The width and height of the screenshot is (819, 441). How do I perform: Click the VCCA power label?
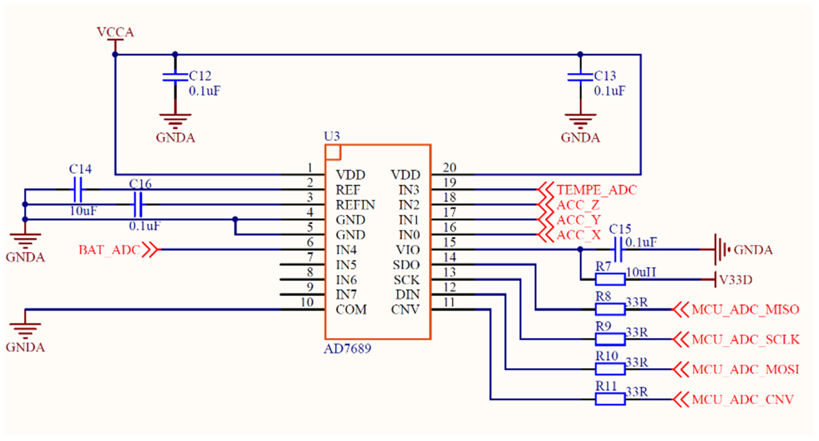(x=115, y=32)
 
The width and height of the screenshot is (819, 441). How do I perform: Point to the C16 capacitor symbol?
(x=138, y=205)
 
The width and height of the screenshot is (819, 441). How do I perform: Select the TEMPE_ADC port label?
(x=596, y=190)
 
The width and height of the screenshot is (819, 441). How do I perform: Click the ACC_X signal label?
(x=578, y=235)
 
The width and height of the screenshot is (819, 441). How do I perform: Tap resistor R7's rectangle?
(x=610, y=280)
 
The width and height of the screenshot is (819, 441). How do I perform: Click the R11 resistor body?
(x=610, y=399)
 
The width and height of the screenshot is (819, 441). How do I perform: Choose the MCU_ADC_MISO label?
(x=745, y=310)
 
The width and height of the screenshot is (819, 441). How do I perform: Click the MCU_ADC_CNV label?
(x=742, y=400)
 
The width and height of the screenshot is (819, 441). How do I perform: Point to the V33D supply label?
(x=735, y=280)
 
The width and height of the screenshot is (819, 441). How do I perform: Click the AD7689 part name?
(x=347, y=349)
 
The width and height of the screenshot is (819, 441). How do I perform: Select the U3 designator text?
(x=332, y=136)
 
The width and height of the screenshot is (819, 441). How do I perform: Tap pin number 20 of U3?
(x=449, y=168)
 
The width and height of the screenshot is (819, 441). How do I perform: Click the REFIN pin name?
(x=355, y=205)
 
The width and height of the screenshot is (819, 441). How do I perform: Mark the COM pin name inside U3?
(x=351, y=310)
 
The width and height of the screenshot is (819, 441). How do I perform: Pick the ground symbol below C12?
(x=175, y=121)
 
